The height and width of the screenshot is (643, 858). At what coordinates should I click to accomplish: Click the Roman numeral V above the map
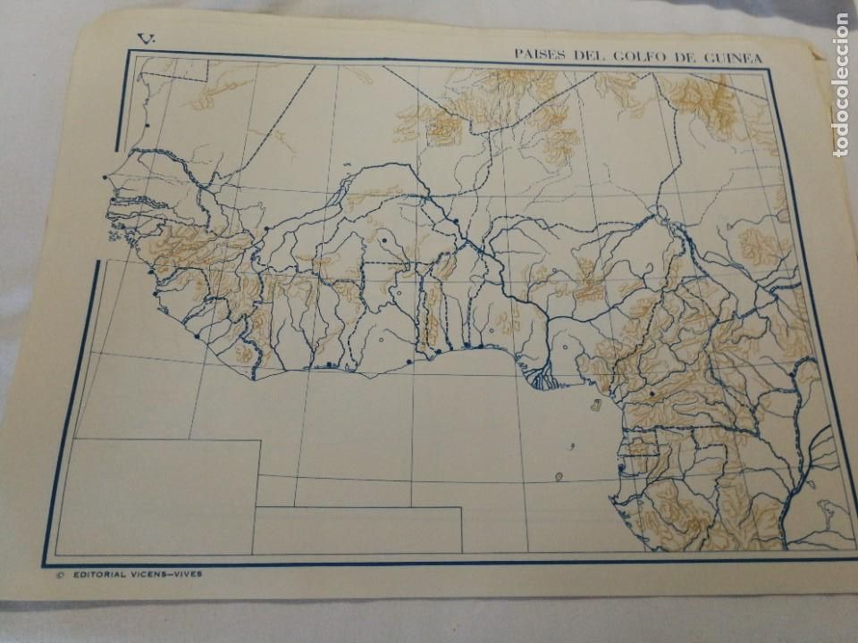(x=144, y=38)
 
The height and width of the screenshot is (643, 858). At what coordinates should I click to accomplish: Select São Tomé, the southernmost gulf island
(x=559, y=477)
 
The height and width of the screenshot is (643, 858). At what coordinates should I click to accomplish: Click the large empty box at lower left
(x=156, y=496)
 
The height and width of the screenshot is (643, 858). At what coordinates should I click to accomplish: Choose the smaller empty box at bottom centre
(x=357, y=530)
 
